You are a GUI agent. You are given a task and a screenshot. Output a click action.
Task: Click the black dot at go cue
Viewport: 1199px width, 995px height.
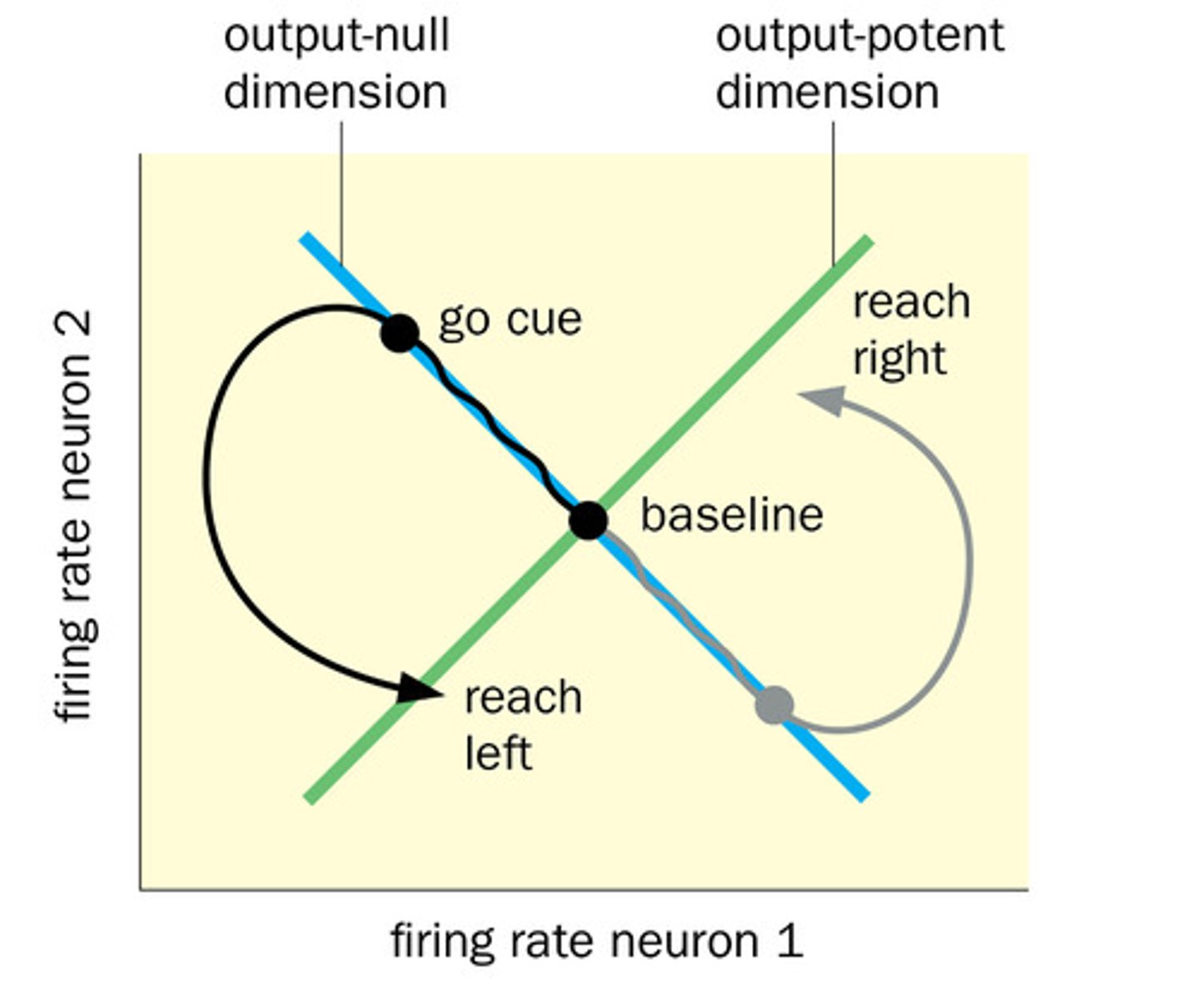click(x=400, y=333)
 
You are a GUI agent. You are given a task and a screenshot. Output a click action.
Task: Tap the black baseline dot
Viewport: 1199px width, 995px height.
click(x=589, y=520)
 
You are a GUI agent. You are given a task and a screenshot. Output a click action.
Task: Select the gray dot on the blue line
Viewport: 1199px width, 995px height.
click(x=774, y=705)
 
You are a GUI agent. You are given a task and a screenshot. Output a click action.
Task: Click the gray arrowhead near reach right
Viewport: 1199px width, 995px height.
click(x=821, y=400)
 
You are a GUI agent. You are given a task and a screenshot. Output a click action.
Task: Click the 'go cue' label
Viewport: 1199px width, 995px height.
click(x=510, y=320)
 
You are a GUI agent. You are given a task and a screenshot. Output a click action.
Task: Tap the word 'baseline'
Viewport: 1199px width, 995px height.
click(x=731, y=515)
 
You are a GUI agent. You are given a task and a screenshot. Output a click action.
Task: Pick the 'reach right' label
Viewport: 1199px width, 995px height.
click(x=911, y=330)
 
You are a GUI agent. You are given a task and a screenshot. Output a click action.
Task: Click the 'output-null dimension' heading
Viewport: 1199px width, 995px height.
click(x=336, y=64)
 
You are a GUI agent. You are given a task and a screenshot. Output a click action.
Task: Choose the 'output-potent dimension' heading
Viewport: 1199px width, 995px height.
click(x=859, y=64)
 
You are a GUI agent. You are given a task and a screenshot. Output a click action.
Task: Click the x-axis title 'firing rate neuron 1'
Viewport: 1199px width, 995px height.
click(x=596, y=942)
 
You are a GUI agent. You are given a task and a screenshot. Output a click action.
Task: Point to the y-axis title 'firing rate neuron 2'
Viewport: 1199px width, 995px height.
click(x=76, y=516)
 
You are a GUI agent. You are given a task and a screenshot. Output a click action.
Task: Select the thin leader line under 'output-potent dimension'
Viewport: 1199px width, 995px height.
click(x=833, y=192)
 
